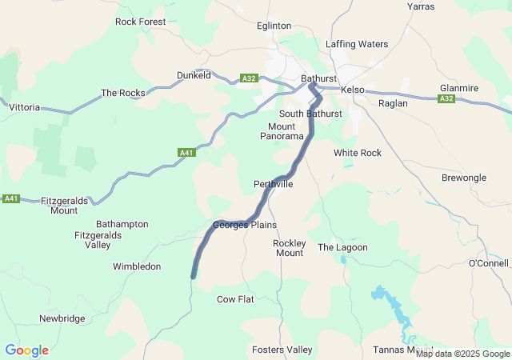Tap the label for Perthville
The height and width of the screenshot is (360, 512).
click(273, 184)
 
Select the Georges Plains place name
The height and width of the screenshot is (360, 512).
click(244, 225)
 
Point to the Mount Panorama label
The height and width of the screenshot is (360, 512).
click(282, 131)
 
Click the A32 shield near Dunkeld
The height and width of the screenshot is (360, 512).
click(249, 78)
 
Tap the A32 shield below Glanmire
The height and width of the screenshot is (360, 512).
click(446, 98)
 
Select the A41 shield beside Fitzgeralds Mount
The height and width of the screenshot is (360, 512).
click(11, 198)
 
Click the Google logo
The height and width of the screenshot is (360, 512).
click(26, 350)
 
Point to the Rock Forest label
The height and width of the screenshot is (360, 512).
click(141, 22)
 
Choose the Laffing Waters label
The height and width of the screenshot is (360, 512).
click(357, 44)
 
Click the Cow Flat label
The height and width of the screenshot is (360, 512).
click(235, 299)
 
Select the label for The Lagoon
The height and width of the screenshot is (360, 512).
click(342, 247)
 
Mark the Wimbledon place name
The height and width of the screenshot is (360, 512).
click(137, 266)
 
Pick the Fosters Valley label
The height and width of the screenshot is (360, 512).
click(282, 350)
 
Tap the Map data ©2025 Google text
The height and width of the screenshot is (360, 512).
click(462, 354)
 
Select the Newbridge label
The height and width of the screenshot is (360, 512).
click(62, 318)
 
